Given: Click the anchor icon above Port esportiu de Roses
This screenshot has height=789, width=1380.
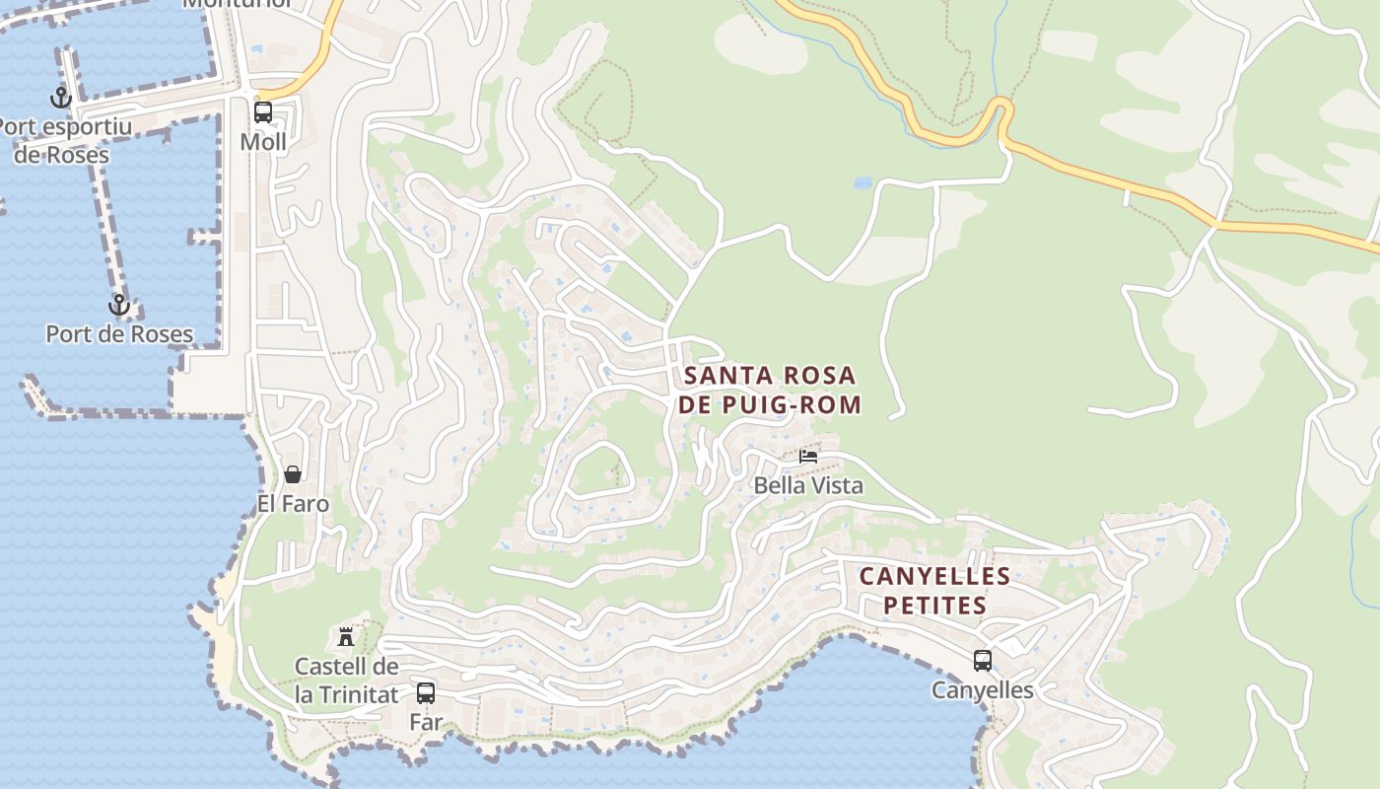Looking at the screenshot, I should [61, 99].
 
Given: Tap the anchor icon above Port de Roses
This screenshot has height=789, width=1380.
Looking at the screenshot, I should [119, 305].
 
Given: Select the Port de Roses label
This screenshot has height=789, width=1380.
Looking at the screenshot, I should [119, 334].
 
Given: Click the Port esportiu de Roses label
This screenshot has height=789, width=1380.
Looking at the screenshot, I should [63, 141].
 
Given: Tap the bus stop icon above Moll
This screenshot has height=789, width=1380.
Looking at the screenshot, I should [263, 112].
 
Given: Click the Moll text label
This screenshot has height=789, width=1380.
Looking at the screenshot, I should [263, 142].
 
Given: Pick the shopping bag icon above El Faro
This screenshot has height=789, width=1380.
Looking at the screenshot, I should [293, 474].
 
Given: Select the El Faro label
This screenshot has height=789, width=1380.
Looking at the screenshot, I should [293, 504].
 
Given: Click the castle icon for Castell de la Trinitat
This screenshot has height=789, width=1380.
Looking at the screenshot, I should [346, 636].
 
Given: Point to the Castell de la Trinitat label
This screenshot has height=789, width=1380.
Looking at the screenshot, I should [346, 681].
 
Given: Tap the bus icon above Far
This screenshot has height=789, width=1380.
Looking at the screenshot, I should [426, 692].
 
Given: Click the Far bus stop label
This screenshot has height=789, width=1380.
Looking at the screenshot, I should [426, 722].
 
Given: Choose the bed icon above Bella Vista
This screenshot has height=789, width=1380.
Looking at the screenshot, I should [808, 456].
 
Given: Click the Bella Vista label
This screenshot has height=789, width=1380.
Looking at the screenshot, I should [808, 485].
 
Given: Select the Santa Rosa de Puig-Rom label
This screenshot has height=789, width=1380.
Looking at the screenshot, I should [770, 391].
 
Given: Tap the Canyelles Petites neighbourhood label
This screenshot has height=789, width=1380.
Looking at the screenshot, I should [934, 590].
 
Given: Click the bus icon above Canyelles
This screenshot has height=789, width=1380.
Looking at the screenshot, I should [983, 661].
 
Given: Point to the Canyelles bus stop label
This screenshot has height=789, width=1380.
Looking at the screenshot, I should [983, 690].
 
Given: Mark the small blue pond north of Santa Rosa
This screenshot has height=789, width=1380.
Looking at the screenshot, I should [863, 182].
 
